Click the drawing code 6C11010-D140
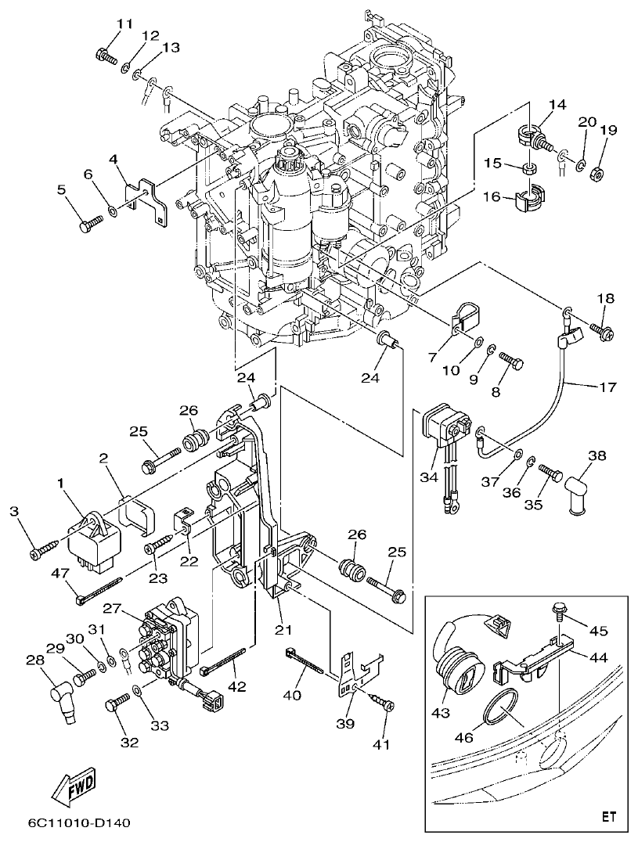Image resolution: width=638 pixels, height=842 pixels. pos(78,823)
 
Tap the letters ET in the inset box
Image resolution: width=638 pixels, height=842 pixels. pos(609,817)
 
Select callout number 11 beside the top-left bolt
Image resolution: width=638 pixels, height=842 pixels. pos(124,23)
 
